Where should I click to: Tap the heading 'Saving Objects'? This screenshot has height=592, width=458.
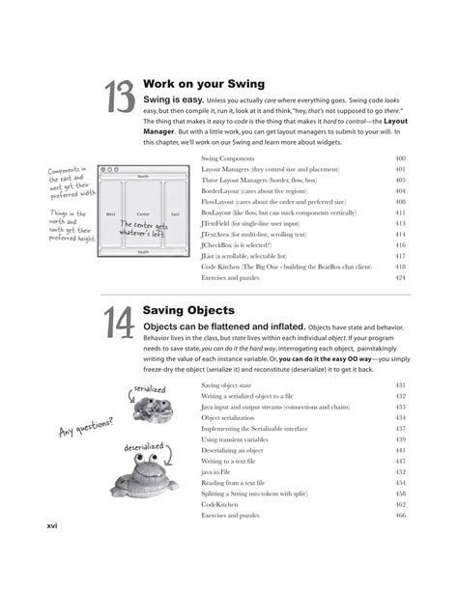coord(187,310)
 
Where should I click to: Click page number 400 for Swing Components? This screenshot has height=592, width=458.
coord(400,157)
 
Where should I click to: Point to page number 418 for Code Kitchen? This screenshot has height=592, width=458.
coord(400,267)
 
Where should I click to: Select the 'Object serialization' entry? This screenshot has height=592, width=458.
coord(232,418)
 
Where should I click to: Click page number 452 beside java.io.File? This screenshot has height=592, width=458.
coord(400,471)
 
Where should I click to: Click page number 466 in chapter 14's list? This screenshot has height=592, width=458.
coord(400,515)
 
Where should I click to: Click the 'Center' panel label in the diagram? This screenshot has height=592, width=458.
coord(143,213)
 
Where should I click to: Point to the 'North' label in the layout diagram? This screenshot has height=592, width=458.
coord(142,177)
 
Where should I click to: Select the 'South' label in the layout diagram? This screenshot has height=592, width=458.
coord(142,250)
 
